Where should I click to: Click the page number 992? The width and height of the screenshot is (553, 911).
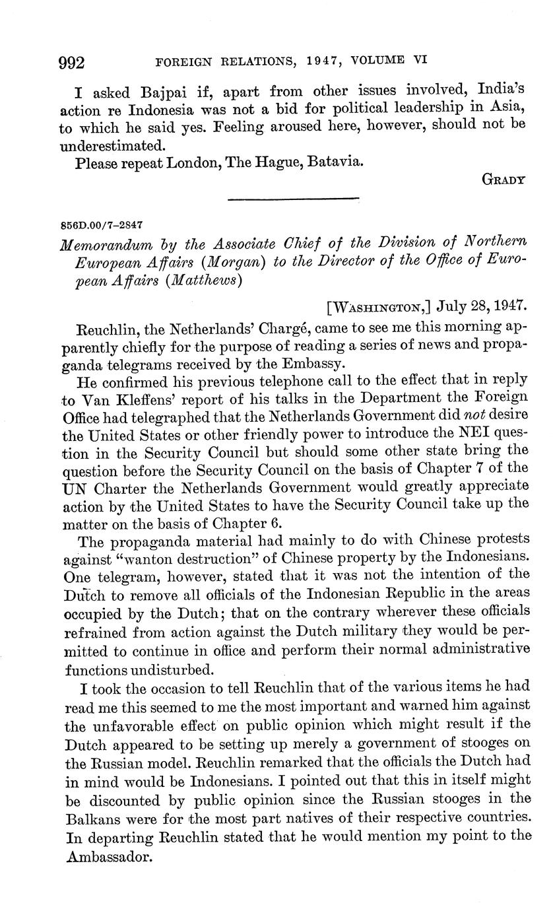72,63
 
